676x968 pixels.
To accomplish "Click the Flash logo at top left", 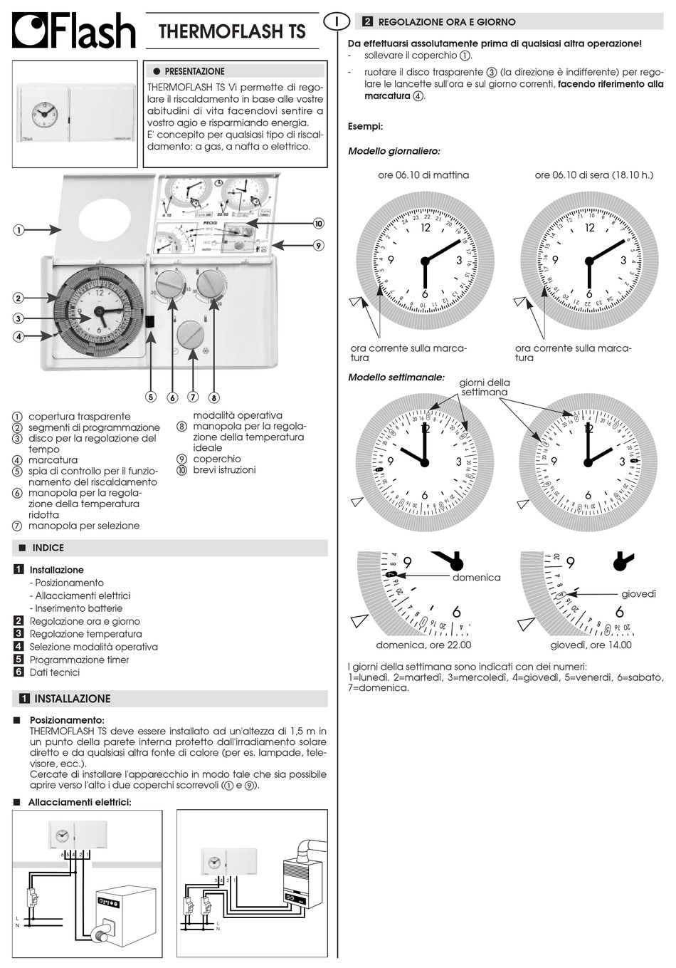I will click(x=73, y=31).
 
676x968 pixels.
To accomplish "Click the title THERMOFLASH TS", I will click(x=232, y=31).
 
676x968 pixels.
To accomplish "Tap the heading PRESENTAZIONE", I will click(x=194, y=71).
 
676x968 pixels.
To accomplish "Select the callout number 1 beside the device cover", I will click(x=18, y=230).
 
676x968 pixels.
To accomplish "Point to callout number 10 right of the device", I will click(x=318, y=224).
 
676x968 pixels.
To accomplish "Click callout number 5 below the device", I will click(x=151, y=397).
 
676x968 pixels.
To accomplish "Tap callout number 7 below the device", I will click(x=193, y=397).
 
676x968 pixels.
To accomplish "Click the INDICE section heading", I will click(x=48, y=548).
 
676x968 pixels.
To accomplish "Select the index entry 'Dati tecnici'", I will click(x=54, y=672).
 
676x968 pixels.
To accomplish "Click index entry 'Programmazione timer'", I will click(x=79, y=660).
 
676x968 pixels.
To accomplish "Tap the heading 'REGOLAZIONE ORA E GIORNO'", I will click(x=447, y=22).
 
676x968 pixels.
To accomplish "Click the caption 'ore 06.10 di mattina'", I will click(x=423, y=175).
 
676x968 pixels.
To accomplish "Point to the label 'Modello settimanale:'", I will click(x=396, y=377).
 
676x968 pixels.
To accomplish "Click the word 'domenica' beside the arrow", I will click(x=476, y=578).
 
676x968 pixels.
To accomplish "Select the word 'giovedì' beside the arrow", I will click(x=638, y=593).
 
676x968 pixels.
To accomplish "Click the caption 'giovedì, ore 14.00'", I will click(x=591, y=645).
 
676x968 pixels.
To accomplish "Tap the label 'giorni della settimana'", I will click(x=484, y=387).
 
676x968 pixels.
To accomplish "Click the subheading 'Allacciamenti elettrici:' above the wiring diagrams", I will click(x=80, y=802).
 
